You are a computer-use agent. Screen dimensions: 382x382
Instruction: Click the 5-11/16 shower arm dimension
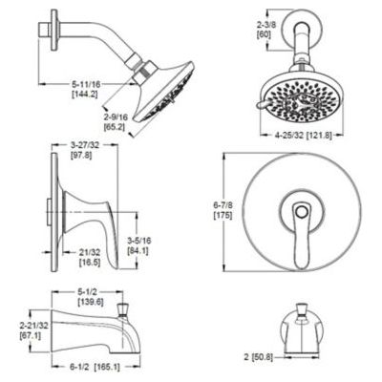[x=86, y=84]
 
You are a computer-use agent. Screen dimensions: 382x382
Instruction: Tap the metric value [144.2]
[x=84, y=94]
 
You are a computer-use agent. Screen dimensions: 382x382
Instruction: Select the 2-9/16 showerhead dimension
[x=116, y=117]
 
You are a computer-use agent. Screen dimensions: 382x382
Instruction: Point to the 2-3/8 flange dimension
[x=264, y=25]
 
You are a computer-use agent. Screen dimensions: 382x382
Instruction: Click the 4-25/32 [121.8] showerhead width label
[x=304, y=136]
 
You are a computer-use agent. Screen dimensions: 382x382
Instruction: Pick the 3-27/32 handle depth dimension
[x=85, y=145]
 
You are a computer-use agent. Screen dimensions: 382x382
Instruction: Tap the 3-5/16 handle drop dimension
[x=139, y=241]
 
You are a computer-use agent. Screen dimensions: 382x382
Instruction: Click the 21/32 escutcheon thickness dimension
[x=90, y=252]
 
